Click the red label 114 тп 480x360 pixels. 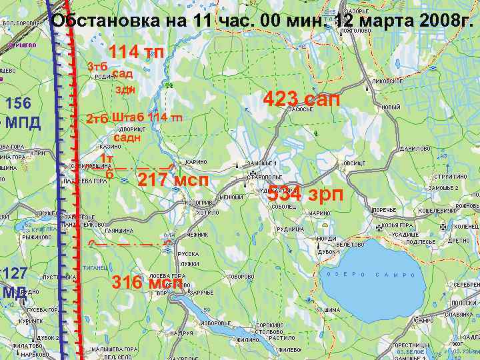click(136, 51)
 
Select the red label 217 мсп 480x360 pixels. click(173, 180)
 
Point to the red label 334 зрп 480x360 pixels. click(305, 195)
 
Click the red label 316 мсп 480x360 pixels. click(147, 282)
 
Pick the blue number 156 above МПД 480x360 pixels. click(18, 103)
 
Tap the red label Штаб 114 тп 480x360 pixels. click(147, 117)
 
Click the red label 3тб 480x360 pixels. click(97, 67)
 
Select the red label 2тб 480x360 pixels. click(97, 119)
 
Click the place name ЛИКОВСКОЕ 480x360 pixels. click(387, 81)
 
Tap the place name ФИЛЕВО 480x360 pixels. click(289, 349)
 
